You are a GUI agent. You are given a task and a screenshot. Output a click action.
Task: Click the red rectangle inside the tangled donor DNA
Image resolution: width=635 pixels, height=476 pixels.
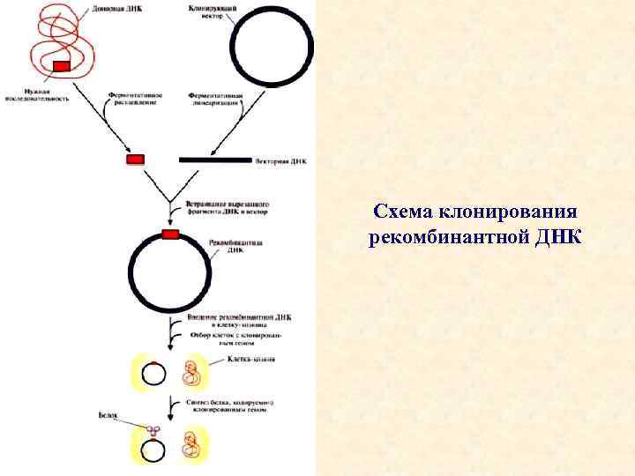tap(62, 66)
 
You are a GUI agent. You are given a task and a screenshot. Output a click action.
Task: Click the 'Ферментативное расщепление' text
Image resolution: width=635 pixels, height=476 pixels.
tap(132, 98)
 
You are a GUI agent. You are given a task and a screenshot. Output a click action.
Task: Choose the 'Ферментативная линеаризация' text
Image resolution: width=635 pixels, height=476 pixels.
tap(214, 98)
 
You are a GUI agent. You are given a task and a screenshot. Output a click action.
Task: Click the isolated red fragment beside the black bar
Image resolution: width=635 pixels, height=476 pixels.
tap(135, 160)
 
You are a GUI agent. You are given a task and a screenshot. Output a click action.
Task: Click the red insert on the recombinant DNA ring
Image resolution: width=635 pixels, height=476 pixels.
tap(169, 234)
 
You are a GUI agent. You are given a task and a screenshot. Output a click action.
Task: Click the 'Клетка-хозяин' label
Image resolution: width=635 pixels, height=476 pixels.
tap(251, 360)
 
